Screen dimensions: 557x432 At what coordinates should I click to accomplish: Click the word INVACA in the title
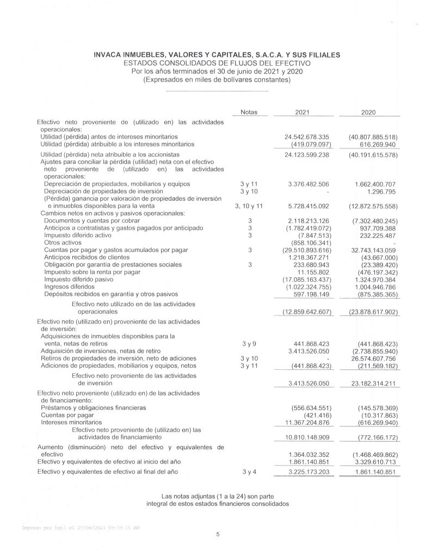point(110,55)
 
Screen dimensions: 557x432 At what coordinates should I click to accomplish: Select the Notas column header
point(248,112)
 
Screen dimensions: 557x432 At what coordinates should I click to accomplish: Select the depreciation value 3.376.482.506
point(308,184)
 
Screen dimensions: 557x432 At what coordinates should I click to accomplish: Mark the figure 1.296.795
point(381,191)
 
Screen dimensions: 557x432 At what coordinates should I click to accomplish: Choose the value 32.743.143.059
point(369,249)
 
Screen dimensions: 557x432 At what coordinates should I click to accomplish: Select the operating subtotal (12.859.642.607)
point(306,312)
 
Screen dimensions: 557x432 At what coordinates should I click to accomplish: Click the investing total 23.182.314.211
point(369,383)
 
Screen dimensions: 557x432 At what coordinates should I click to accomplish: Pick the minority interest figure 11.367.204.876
point(306,422)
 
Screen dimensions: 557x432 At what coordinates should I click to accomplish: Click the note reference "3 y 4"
point(248,472)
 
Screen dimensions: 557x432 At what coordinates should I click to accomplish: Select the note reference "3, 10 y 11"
point(248,206)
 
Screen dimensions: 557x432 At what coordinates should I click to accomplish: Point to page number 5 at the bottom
point(217,535)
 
